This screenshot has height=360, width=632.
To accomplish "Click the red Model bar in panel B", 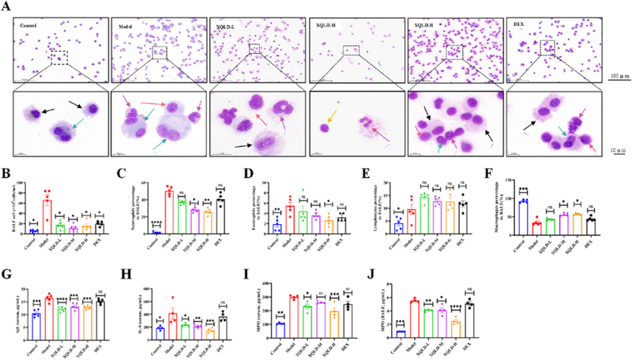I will [47, 215].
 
